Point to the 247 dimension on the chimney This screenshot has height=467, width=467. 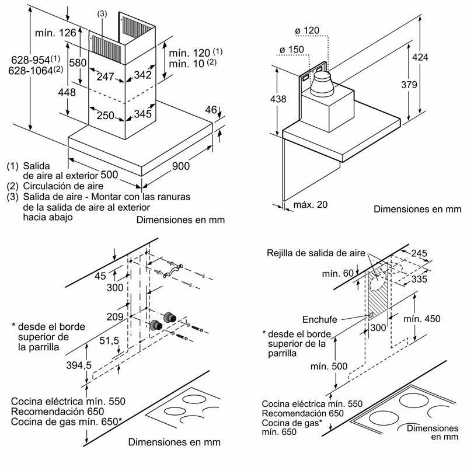coord(106,75)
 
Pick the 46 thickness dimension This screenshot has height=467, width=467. coord(211,109)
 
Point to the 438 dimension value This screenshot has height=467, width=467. coord(279,99)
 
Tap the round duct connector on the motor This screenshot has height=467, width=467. coord(322,84)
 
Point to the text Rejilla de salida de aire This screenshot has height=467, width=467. coord(316,253)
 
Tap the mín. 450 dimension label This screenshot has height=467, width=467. coord(421,319)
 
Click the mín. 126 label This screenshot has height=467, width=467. coord(54,33)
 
